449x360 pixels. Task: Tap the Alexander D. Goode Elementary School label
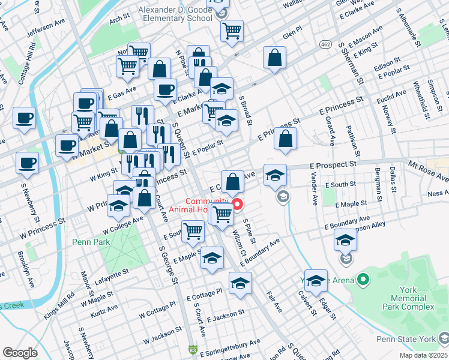[175, 14]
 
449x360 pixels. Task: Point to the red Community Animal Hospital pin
[237, 205]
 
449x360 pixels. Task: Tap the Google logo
[20, 353]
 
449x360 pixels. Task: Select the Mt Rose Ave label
[429, 170]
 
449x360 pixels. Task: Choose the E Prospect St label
[333, 163]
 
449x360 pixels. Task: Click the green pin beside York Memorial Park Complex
[363, 280]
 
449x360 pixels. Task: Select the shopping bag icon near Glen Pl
[274, 58]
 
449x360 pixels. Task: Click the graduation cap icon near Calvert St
[316, 280]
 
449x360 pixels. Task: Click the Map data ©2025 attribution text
[423, 355]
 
